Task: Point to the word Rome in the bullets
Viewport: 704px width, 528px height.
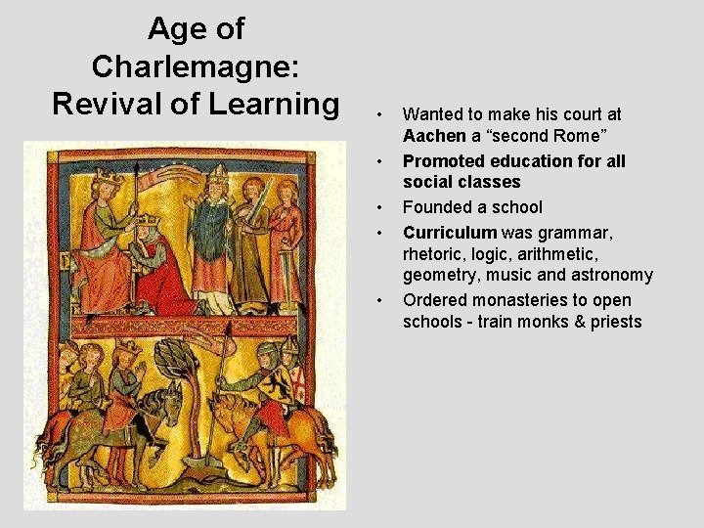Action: pos(587,136)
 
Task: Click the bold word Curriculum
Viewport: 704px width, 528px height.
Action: pos(449,233)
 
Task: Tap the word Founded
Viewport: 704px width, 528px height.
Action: pos(435,207)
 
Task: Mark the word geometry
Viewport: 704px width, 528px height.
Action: pos(437,275)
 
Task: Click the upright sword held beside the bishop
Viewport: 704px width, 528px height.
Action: pos(267,196)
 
